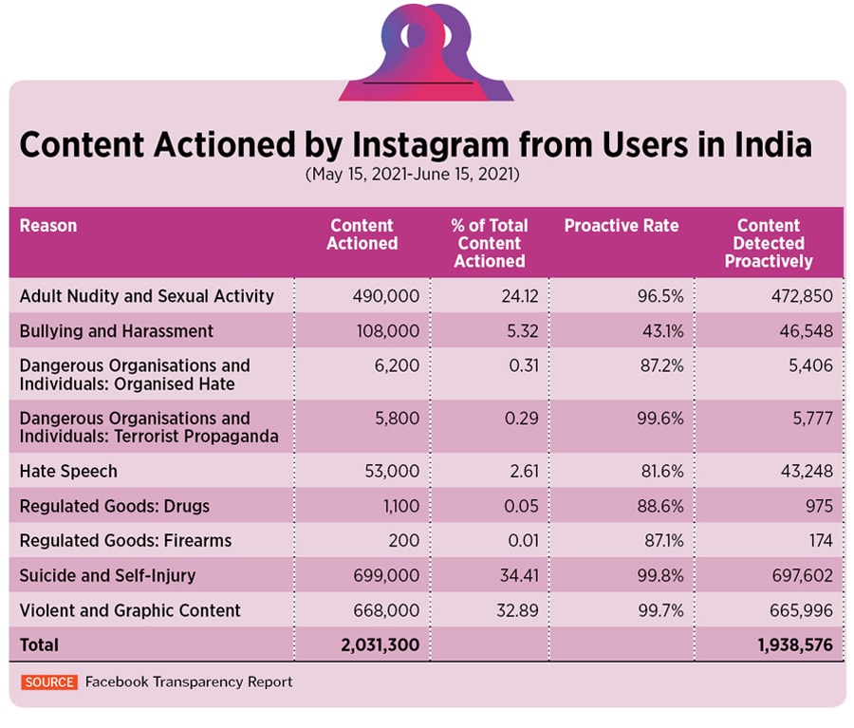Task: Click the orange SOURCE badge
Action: tap(49, 681)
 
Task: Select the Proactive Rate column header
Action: tap(622, 226)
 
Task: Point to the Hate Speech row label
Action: tap(68, 471)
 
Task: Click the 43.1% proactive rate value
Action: tap(661, 331)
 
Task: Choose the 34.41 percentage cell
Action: tap(518, 575)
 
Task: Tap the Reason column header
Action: tap(48, 226)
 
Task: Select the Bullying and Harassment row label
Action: tap(117, 331)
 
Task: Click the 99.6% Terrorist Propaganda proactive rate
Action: tap(661, 419)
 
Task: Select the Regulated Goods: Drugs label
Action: tap(115, 506)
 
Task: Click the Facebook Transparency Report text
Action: tap(189, 681)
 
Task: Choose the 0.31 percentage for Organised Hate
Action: tap(522, 365)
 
